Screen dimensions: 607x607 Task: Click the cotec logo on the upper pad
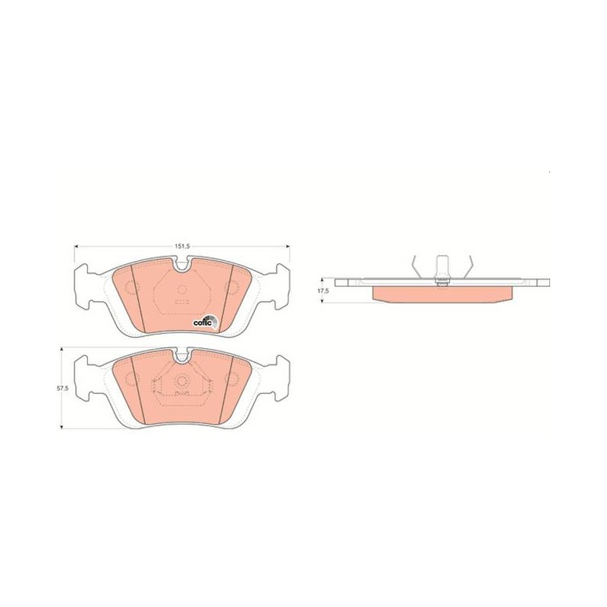206,321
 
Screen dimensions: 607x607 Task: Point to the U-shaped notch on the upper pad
182,266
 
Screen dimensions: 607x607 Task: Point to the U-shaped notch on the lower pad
182,357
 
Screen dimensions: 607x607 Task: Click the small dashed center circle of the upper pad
182,289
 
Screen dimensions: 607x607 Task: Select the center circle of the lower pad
182,381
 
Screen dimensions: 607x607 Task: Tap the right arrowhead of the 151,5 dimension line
287,246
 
